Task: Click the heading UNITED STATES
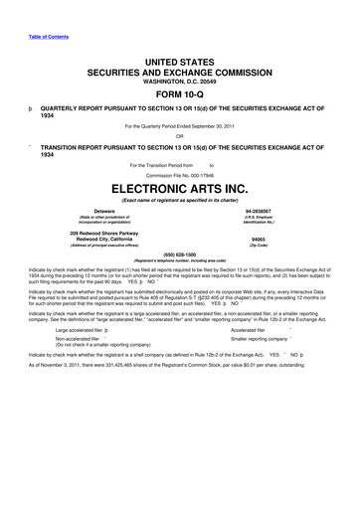pyautogui.click(x=180, y=62)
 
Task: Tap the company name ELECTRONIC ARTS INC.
pyautogui.click(x=180, y=185)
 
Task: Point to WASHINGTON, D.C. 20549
pyautogui.click(x=180, y=82)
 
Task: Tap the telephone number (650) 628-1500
pyautogui.click(x=180, y=253)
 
